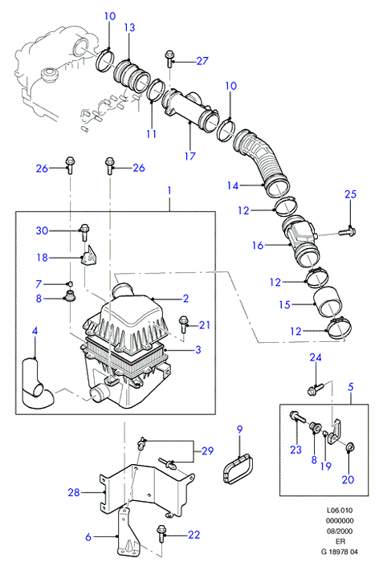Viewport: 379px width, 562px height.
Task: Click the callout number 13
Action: coord(130,27)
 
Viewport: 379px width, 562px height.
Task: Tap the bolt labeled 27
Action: coord(169,59)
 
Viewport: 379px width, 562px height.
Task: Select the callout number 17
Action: coord(190,156)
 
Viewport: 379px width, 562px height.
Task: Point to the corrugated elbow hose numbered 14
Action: coord(262,163)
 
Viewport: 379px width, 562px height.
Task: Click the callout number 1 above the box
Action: coord(169,190)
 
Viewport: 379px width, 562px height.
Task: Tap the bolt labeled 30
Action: coord(84,231)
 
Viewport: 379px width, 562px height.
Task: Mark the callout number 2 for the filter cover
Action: coord(185,298)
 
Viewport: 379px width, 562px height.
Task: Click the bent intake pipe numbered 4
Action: coord(37,384)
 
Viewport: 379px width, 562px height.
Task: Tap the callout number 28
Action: coord(74,492)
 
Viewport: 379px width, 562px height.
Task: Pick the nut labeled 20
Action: coord(349,447)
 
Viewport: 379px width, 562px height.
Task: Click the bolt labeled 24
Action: coord(316,389)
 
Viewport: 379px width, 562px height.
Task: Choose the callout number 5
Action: coord(351,387)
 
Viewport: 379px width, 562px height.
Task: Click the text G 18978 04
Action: coord(339,552)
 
